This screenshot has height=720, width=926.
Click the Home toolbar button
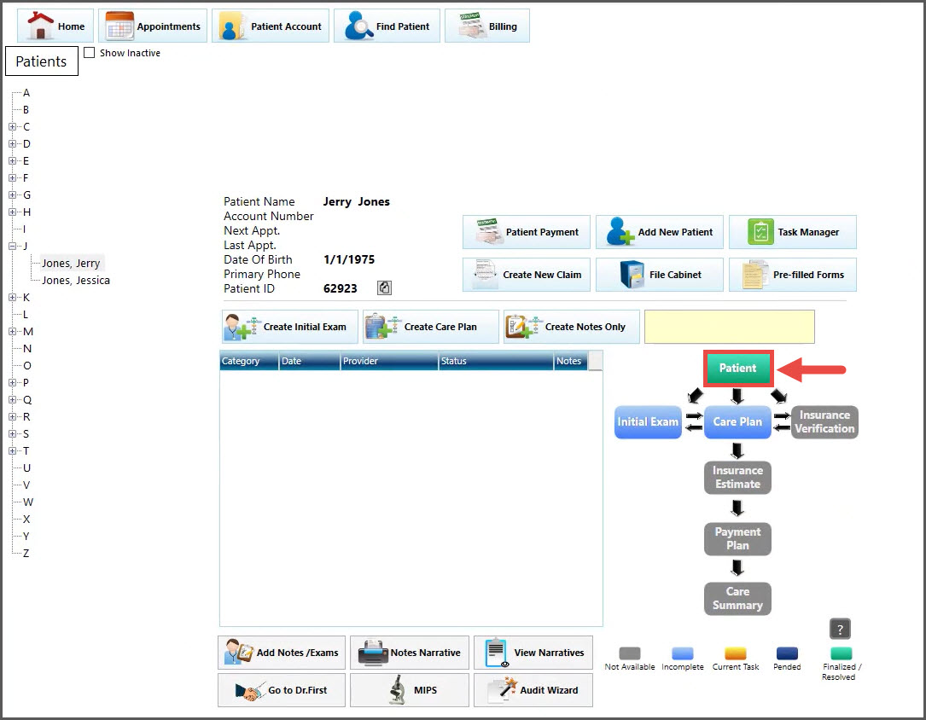tap(55, 26)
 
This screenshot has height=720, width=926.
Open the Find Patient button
tap(387, 26)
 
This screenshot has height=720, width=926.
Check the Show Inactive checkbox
tap(89, 53)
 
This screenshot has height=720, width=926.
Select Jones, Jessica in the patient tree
tap(76, 281)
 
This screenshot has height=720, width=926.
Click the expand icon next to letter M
tap(13, 332)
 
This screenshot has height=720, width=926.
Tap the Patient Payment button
tap(527, 232)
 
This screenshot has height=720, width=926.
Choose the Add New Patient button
tap(659, 232)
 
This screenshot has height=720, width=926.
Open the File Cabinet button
tap(659, 275)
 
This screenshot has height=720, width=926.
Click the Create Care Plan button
tap(430, 327)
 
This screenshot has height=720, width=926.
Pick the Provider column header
tap(389, 361)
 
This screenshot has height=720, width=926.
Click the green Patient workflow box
tap(738, 369)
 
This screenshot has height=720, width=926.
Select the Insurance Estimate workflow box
tap(737, 478)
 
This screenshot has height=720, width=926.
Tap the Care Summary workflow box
tap(737, 598)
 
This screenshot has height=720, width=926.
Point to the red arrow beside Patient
tap(812, 369)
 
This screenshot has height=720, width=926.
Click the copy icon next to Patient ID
tap(384, 288)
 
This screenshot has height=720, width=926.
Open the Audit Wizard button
tap(533, 690)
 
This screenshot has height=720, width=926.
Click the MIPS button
tap(410, 690)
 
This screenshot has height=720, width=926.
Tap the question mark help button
tap(840, 629)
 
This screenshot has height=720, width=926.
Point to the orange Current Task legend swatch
tap(736, 653)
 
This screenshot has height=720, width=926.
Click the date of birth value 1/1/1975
tap(349, 259)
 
